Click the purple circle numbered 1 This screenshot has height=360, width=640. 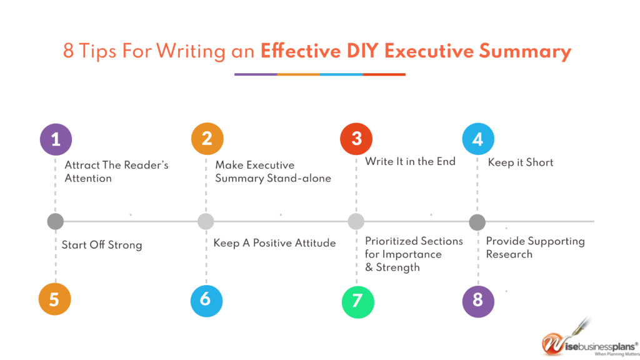(x=56, y=139)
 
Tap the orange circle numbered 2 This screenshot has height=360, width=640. (x=207, y=139)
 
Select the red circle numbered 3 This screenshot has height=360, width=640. (x=356, y=139)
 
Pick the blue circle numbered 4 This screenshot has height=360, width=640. (x=478, y=139)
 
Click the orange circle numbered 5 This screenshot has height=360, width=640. (x=55, y=299)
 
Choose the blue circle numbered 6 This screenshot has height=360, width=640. (x=206, y=301)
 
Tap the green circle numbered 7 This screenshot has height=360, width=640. (x=357, y=302)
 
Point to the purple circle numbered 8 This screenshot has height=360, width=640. (x=478, y=301)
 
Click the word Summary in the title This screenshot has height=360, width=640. (x=525, y=51)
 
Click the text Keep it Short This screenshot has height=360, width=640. (x=521, y=162)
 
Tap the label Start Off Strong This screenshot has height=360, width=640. (x=102, y=245)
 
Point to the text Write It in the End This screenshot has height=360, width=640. (x=410, y=162)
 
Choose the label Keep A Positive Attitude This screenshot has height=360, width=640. (x=274, y=243)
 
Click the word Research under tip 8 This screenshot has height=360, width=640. (x=509, y=254)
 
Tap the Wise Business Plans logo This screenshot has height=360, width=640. (x=589, y=339)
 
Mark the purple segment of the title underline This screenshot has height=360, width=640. (x=256, y=74)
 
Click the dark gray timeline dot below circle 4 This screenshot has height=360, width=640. (x=477, y=222)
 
